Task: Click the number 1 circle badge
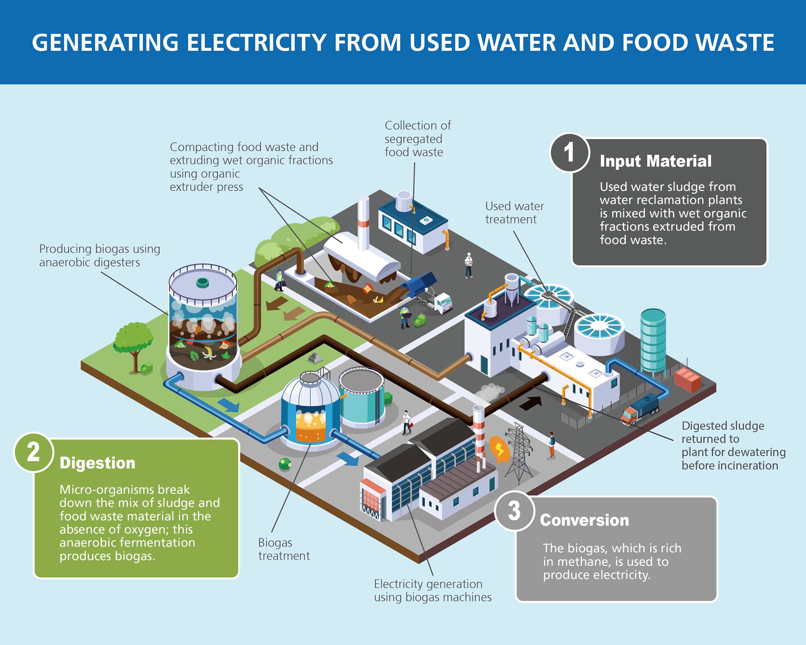pyautogui.click(x=569, y=152)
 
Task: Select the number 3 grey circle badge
pyautogui.click(x=514, y=511)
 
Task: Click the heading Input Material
pyautogui.click(x=655, y=161)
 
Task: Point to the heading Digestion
pyautogui.click(x=97, y=463)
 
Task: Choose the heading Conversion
pyautogui.click(x=584, y=520)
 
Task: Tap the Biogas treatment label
pyautogui.click(x=284, y=549)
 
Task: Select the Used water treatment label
pyautogui.click(x=514, y=213)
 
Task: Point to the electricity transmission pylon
pyautogui.click(x=519, y=453)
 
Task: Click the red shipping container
pyautogui.click(x=688, y=380)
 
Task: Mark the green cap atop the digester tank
pyautogui.click(x=203, y=282)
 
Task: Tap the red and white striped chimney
pyautogui.click(x=479, y=437)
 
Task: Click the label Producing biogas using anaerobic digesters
pyautogui.click(x=100, y=256)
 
